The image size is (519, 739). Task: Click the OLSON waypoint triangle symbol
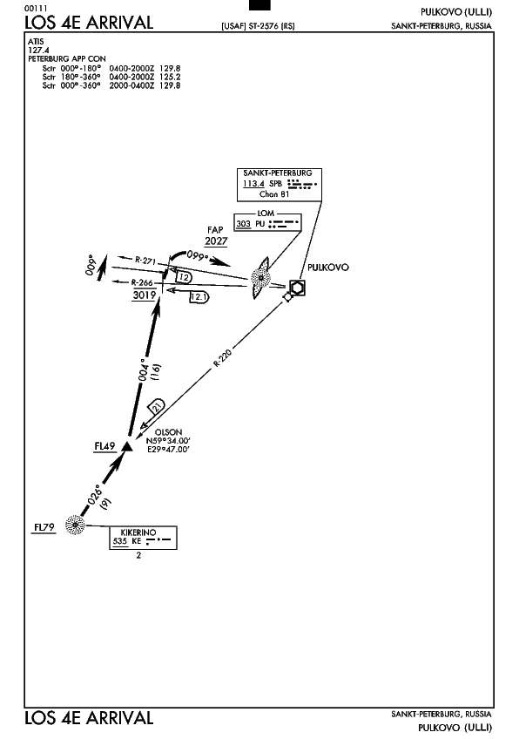point(126,446)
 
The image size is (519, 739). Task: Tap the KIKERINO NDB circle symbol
point(75,525)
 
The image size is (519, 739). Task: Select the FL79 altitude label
point(44,527)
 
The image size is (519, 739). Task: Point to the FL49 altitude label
point(104,446)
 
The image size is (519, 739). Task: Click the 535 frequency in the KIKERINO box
point(120,541)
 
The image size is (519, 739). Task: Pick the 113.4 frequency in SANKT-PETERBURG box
point(253,184)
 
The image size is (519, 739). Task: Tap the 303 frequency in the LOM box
point(243,224)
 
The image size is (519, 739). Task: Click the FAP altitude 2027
point(216,241)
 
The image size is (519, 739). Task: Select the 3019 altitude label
point(145,295)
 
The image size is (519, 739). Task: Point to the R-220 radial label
point(222,357)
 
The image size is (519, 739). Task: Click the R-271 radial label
point(145,261)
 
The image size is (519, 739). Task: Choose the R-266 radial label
point(142,282)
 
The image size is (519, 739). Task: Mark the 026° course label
point(95,494)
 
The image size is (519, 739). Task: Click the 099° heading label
point(197,255)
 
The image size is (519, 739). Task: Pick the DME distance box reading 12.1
point(199,297)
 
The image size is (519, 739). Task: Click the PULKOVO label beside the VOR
point(328,268)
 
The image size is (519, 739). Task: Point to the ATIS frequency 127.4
point(38,50)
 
